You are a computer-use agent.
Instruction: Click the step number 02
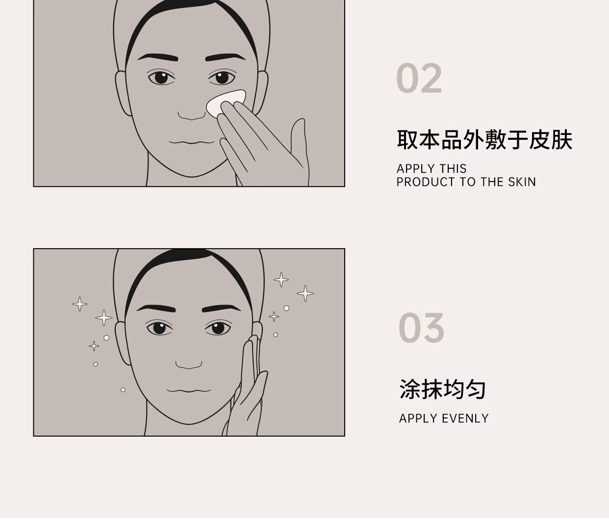pyautogui.click(x=419, y=78)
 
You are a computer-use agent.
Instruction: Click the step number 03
pyautogui.click(x=421, y=328)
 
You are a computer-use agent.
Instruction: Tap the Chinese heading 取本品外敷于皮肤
pyautogui.click(x=484, y=139)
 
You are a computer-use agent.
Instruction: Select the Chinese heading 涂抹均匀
pyautogui.click(x=442, y=390)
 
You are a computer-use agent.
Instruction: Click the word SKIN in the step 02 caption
pyautogui.click(x=522, y=182)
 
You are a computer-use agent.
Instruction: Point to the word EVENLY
pyautogui.click(x=465, y=418)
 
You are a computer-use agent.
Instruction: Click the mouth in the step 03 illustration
pyautogui.click(x=189, y=390)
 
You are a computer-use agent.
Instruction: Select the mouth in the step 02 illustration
pyautogui.click(x=192, y=142)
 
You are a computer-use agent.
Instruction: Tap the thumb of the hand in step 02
pyautogui.click(x=299, y=142)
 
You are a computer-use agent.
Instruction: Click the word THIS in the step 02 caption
pyautogui.click(x=453, y=169)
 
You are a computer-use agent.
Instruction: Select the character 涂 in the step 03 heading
pyautogui.click(x=410, y=390)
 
